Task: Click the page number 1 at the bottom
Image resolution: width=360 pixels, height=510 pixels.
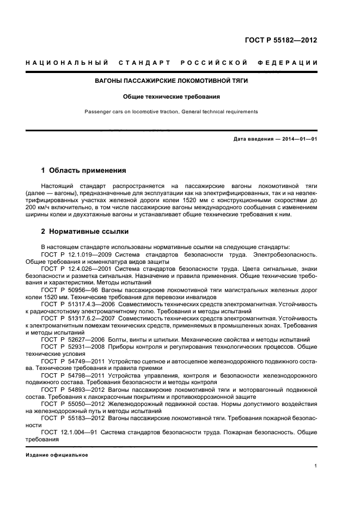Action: pos(316,466)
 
